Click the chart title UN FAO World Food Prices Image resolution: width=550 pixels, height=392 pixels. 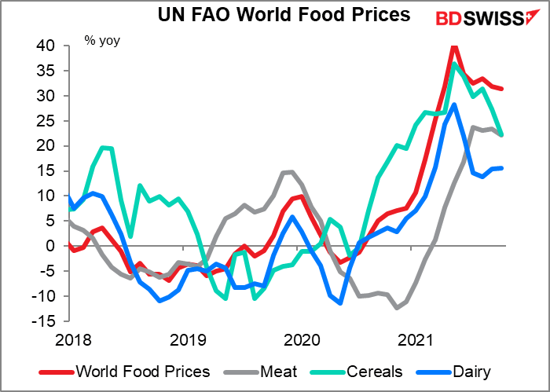pyautogui.click(x=274, y=15)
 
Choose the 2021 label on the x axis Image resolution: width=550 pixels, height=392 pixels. pyautogui.click(x=416, y=340)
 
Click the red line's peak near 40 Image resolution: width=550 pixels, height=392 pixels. pyautogui.click(x=454, y=46)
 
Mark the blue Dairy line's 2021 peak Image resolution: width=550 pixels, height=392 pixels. pyautogui.click(x=454, y=104)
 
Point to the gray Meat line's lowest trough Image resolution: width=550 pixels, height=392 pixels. pyautogui.click(x=397, y=308)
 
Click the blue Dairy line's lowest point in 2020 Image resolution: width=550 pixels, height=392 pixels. pyautogui.click(x=340, y=303)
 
